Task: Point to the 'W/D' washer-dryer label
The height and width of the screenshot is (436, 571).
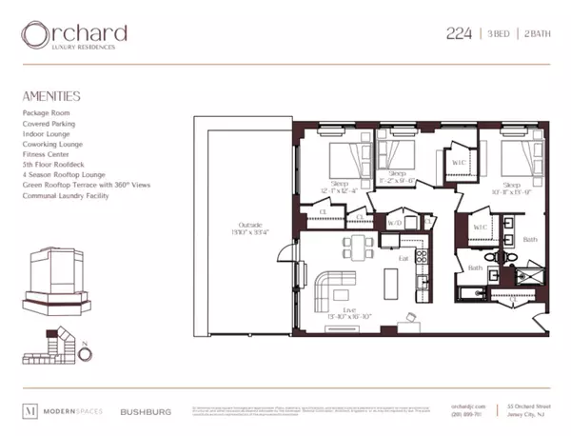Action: tap(393, 223)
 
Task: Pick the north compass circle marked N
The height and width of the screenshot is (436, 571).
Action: tap(85, 355)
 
